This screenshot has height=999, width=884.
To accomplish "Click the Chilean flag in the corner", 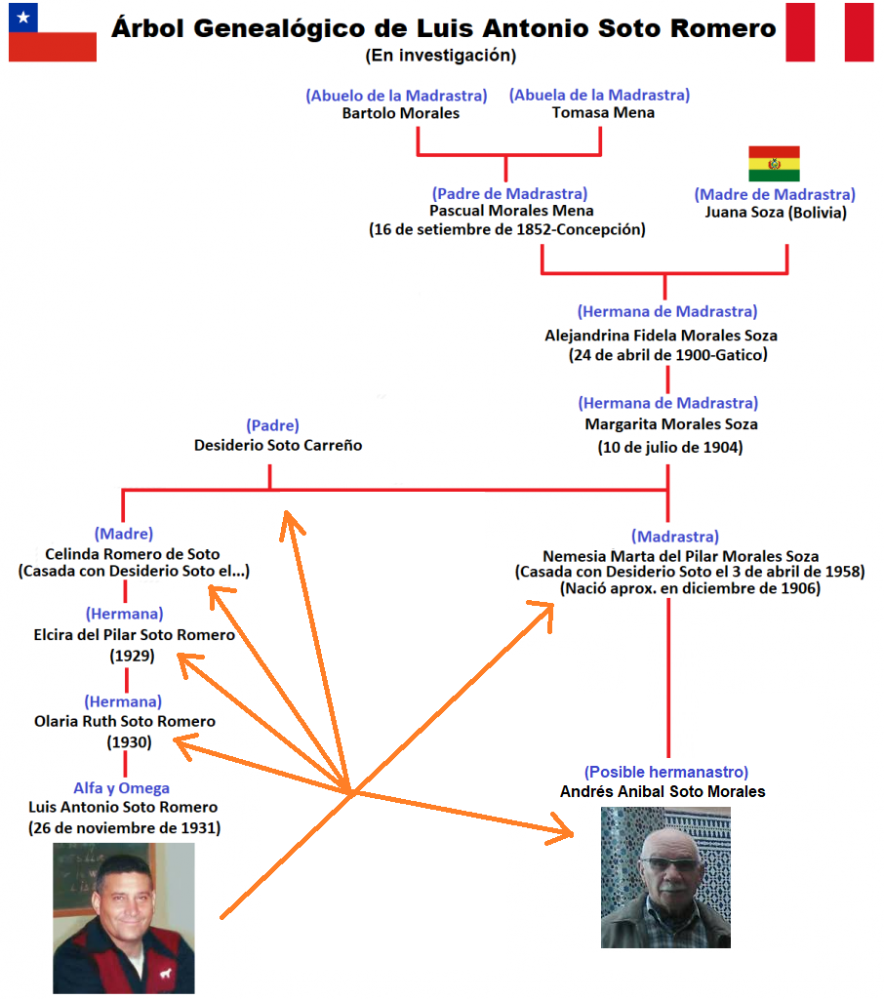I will click(x=52, y=32).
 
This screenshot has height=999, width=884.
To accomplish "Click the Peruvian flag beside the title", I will click(x=829, y=31).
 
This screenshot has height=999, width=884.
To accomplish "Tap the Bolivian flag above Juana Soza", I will click(x=774, y=164).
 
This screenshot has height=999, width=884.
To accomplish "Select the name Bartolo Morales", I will click(x=401, y=113).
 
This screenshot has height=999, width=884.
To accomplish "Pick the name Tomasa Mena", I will click(x=603, y=113).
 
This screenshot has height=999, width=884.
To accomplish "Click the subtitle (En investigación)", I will click(x=441, y=56).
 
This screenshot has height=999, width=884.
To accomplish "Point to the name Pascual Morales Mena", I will click(x=511, y=211).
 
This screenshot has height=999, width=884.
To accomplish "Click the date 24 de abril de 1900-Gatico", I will click(x=667, y=355).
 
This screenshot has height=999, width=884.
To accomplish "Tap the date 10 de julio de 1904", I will click(x=670, y=448).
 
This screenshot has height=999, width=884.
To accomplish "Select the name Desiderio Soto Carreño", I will click(x=278, y=446).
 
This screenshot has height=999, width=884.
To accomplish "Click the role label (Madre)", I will click(x=124, y=534).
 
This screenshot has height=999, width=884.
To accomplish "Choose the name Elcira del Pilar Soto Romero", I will click(x=134, y=635).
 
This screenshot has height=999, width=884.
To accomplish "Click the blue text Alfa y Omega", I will click(x=122, y=787).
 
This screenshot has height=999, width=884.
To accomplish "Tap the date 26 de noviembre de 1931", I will click(x=124, y=828).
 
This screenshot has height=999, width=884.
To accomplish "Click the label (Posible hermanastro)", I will click(x=666, y=772).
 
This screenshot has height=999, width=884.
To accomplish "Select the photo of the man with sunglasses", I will click(x=665, y=878).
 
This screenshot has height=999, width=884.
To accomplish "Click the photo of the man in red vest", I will click(x=124, y=917).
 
